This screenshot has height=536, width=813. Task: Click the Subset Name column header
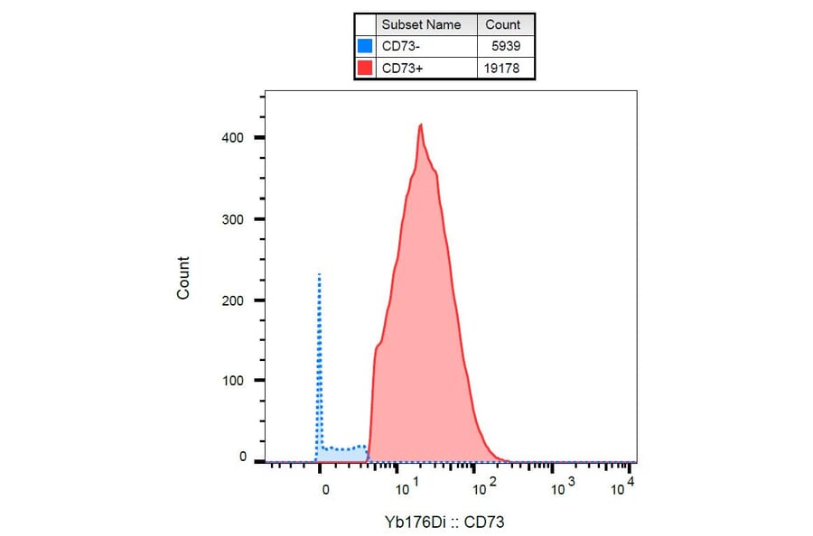(x=421, y=24)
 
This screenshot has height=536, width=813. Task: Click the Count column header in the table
(x=502, y=24)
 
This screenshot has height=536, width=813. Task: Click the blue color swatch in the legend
(x=365, y=46)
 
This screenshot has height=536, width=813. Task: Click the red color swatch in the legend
(x=365, y=68)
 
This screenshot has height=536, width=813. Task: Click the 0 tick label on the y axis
(x=243, y=457)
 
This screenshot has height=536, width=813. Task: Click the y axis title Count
(x=183, y=278)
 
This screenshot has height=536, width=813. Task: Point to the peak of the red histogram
(x=420, y=125)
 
